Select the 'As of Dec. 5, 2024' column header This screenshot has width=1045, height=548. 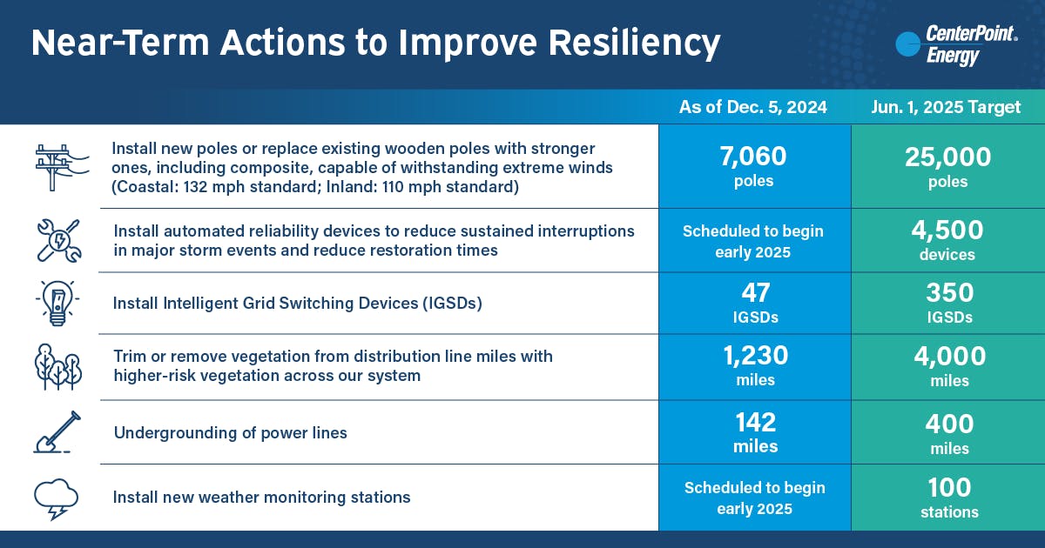tap(753, 107)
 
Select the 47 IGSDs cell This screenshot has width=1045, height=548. tap(753, 303)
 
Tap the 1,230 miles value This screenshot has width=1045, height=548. tap(753, 366)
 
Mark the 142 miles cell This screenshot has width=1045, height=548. tap(753, 431)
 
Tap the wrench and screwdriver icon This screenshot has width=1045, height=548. tap(57, 240)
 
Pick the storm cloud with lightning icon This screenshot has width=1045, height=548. tap(57, 498)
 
